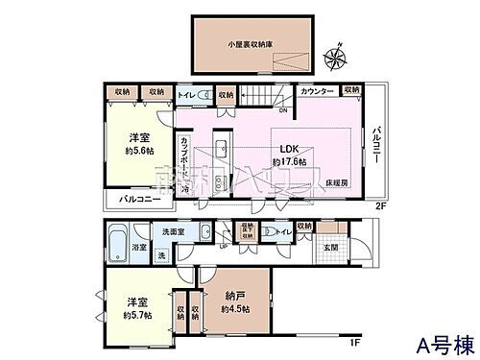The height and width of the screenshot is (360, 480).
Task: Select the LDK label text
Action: tap(290, 149)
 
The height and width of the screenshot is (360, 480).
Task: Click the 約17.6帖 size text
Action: tap(290, 162)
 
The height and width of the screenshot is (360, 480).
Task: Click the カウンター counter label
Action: tap(318, 90)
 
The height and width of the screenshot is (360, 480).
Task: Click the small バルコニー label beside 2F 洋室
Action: tap(132, 202)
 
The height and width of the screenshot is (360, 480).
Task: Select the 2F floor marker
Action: tap(379, 204)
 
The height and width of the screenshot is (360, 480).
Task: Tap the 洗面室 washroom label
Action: tap(172, 232)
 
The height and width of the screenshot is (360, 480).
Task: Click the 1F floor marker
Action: tap(355, 341)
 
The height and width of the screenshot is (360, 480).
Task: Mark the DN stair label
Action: tap(255, 110)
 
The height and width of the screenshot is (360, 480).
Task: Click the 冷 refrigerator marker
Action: tap(185, 187)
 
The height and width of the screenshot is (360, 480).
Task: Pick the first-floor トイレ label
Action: tap(283, 231)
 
